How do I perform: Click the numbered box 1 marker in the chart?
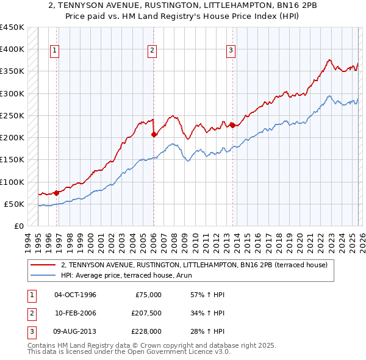pyautogui.click(x=55, y=51)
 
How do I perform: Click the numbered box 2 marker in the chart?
pyautogui.click(x=152, y=51)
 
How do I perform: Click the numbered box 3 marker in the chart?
pyautogui.click(x=231, y=51)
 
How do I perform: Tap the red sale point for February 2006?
pyautogui.click(x=153, y=134)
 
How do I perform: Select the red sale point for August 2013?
pyautogui.click(x=232, y=125)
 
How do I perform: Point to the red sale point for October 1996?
pyautogui.click(x=57, y=193)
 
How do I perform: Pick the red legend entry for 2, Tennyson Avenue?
pyautogui.click(x=195, y=265)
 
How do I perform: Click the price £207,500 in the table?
pyautogui.click(x=146, y=314)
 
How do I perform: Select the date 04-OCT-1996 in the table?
pyautogui.click(x=75, y=295)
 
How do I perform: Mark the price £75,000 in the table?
pyautogui.click(x=148, y=295)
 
